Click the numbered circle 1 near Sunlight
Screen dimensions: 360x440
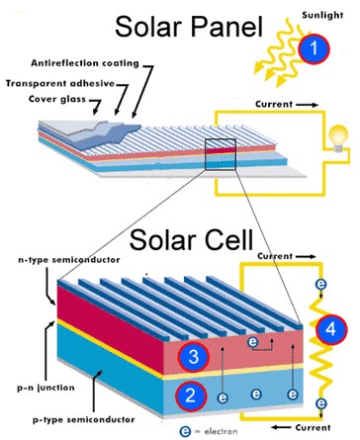coord(314,48)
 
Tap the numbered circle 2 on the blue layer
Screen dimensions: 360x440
coord(191,396)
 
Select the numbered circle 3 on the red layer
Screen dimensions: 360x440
coord(194,357)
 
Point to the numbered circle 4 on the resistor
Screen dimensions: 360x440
coord(331,329)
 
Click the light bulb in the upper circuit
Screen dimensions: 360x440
coord(338,138)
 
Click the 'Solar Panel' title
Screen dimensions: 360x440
coord(189,27)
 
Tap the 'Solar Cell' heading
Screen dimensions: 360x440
coord(192,239)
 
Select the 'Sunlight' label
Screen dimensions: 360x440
coord(322,15)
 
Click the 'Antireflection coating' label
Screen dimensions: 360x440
coord(85,63)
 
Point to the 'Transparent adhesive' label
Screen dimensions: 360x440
coord(60,83)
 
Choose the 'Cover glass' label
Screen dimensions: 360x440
coord(57,99)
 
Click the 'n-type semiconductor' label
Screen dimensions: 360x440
coord(69,260)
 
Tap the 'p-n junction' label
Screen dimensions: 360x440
coord(45,388)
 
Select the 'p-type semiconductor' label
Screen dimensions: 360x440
coord(84,420)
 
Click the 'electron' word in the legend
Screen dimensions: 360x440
coord(221,431)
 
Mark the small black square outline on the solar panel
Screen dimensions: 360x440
coord(221,154)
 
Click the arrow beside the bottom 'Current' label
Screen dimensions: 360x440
coord(281,427)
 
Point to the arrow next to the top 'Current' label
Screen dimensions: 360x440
coord(307,105)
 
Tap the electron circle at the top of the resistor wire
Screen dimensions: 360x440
coord(320,284)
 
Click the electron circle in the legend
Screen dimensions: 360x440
coord(186,431)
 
